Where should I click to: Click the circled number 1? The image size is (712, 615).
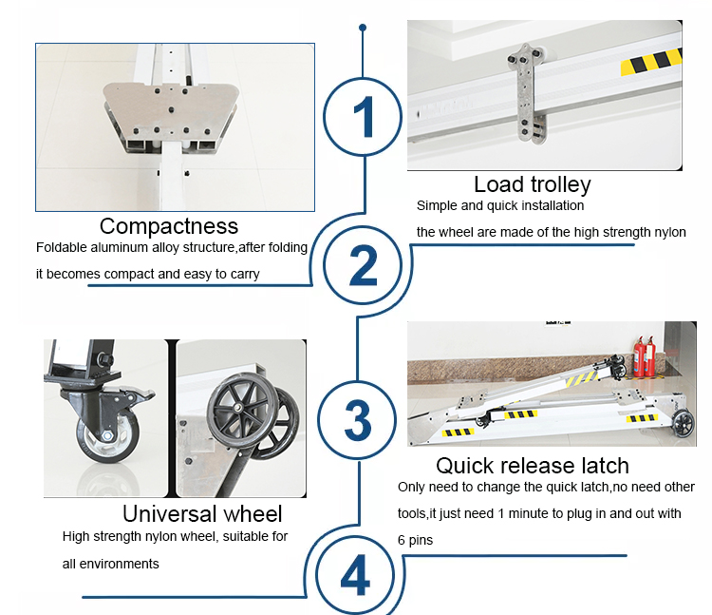coord(363,117)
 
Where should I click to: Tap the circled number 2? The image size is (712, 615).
coord(363,265)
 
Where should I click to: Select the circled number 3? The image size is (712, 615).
coord(357,419)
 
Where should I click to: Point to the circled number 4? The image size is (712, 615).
coord(355,574)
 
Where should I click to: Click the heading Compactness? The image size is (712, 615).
coord(169,226)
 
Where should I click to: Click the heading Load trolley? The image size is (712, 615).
coord(533,184)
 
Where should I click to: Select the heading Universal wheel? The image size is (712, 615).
coord(202,513)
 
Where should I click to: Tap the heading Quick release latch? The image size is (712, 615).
coord(533,466)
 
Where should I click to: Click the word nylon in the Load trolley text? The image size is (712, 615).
coord(670,232)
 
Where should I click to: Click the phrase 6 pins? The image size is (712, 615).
coord(415,540)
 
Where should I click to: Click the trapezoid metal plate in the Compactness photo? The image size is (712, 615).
coord(170,111)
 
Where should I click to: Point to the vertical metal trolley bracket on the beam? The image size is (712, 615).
coord(526,92)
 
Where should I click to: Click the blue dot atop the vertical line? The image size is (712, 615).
coord(363,28)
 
